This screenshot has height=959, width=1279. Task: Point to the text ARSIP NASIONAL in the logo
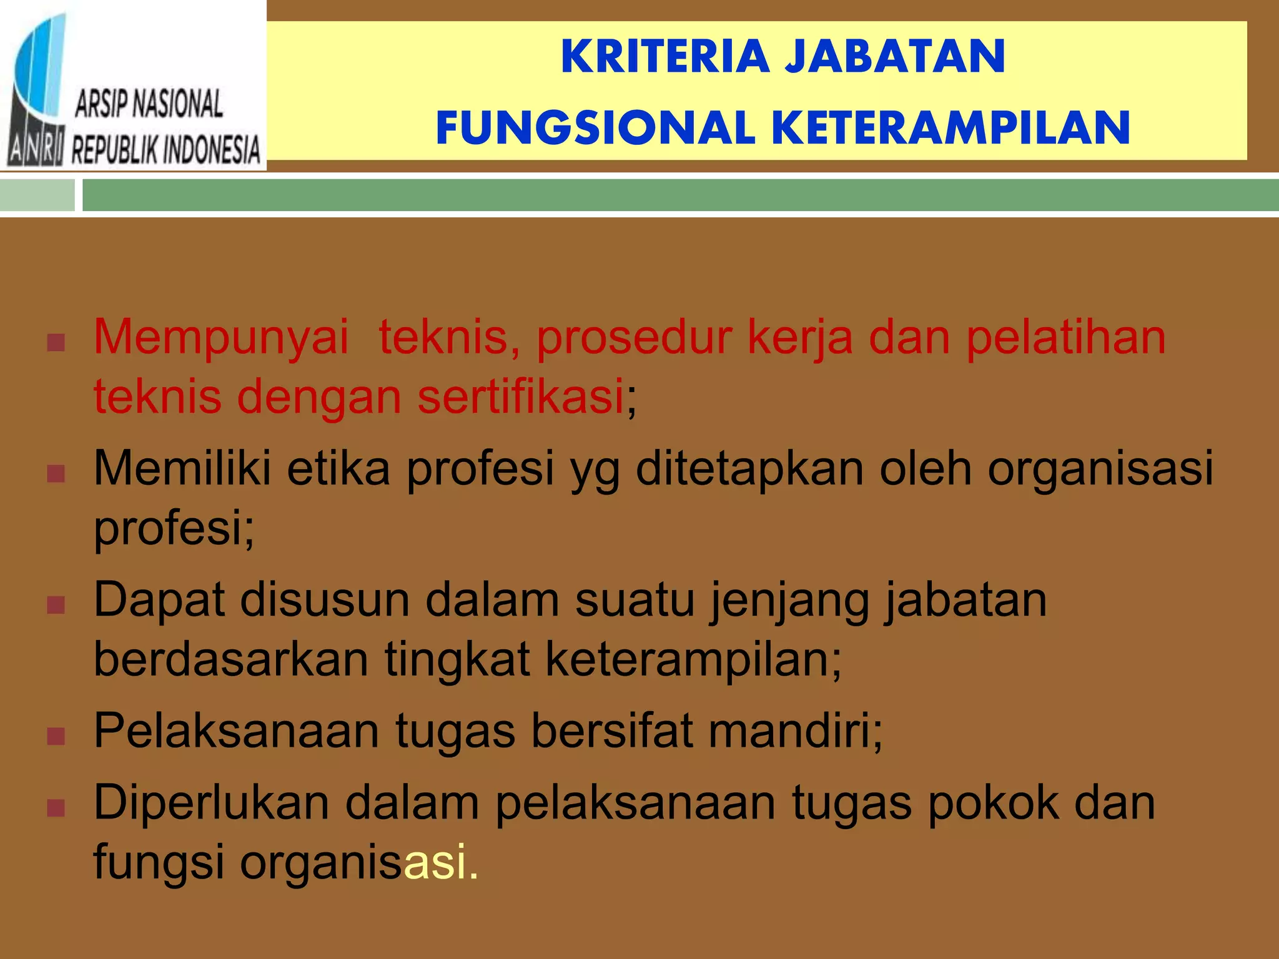tap(149, 104)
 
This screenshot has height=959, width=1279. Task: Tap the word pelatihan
tap(1065, 338)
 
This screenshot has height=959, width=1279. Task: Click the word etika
tap(338, 468)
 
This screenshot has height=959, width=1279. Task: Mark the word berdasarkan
tap(231, 659)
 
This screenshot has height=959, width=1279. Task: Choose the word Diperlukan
tap(211, 803)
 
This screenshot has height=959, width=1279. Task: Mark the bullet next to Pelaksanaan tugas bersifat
tap(56, 736)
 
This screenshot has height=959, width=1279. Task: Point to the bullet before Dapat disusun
tap(56, 605)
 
